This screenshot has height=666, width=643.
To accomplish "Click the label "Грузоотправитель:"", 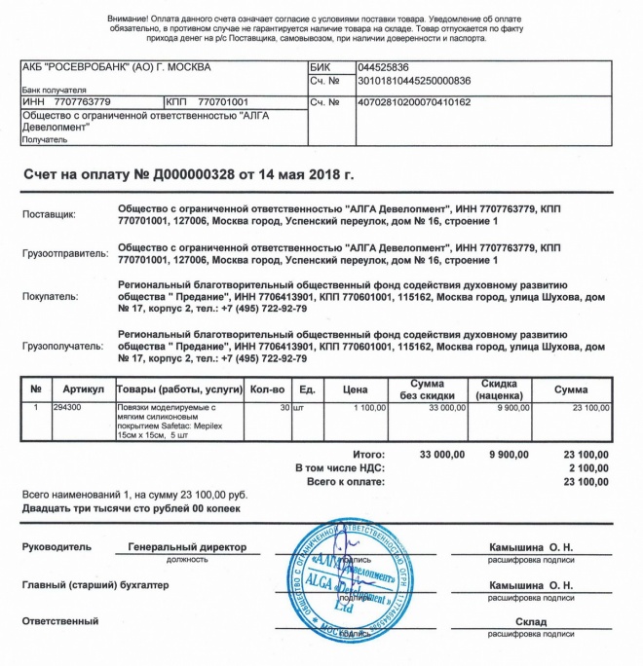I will [64, 255].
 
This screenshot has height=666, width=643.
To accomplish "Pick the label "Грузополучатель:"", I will [62, 344].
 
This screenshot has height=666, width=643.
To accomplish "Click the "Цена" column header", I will [354, 389].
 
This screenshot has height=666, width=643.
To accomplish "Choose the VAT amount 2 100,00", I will [586, 468].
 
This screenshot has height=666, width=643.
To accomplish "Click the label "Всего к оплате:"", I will [347, 482].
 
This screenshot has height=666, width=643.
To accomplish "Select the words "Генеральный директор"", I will [187, 547].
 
